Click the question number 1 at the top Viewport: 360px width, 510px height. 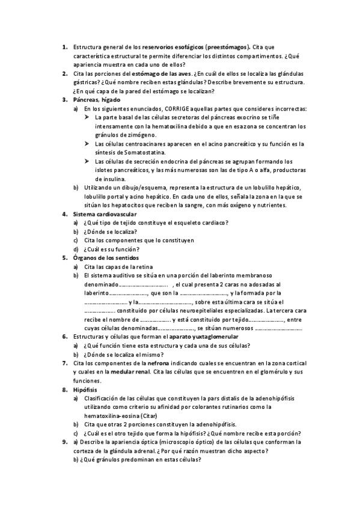pos(64,46)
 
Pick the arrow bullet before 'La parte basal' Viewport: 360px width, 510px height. pos(88,118)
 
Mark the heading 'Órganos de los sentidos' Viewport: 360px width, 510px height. pos(106,258)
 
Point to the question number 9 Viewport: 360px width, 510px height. pos(64,442)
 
